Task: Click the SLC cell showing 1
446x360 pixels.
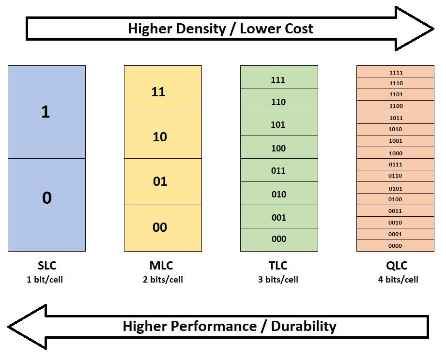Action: [46, 112]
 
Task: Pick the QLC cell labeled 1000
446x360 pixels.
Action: [395, 153]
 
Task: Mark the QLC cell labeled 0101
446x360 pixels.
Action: [395, 188]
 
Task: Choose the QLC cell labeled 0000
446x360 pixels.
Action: [395, 246]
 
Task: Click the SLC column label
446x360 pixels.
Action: [47, 266]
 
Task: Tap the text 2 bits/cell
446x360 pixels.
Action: [163, 280]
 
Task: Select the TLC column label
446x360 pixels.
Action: [278, 266]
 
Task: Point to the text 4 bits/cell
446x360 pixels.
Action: [398, 280]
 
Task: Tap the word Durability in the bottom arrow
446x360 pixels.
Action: [303, 326]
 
